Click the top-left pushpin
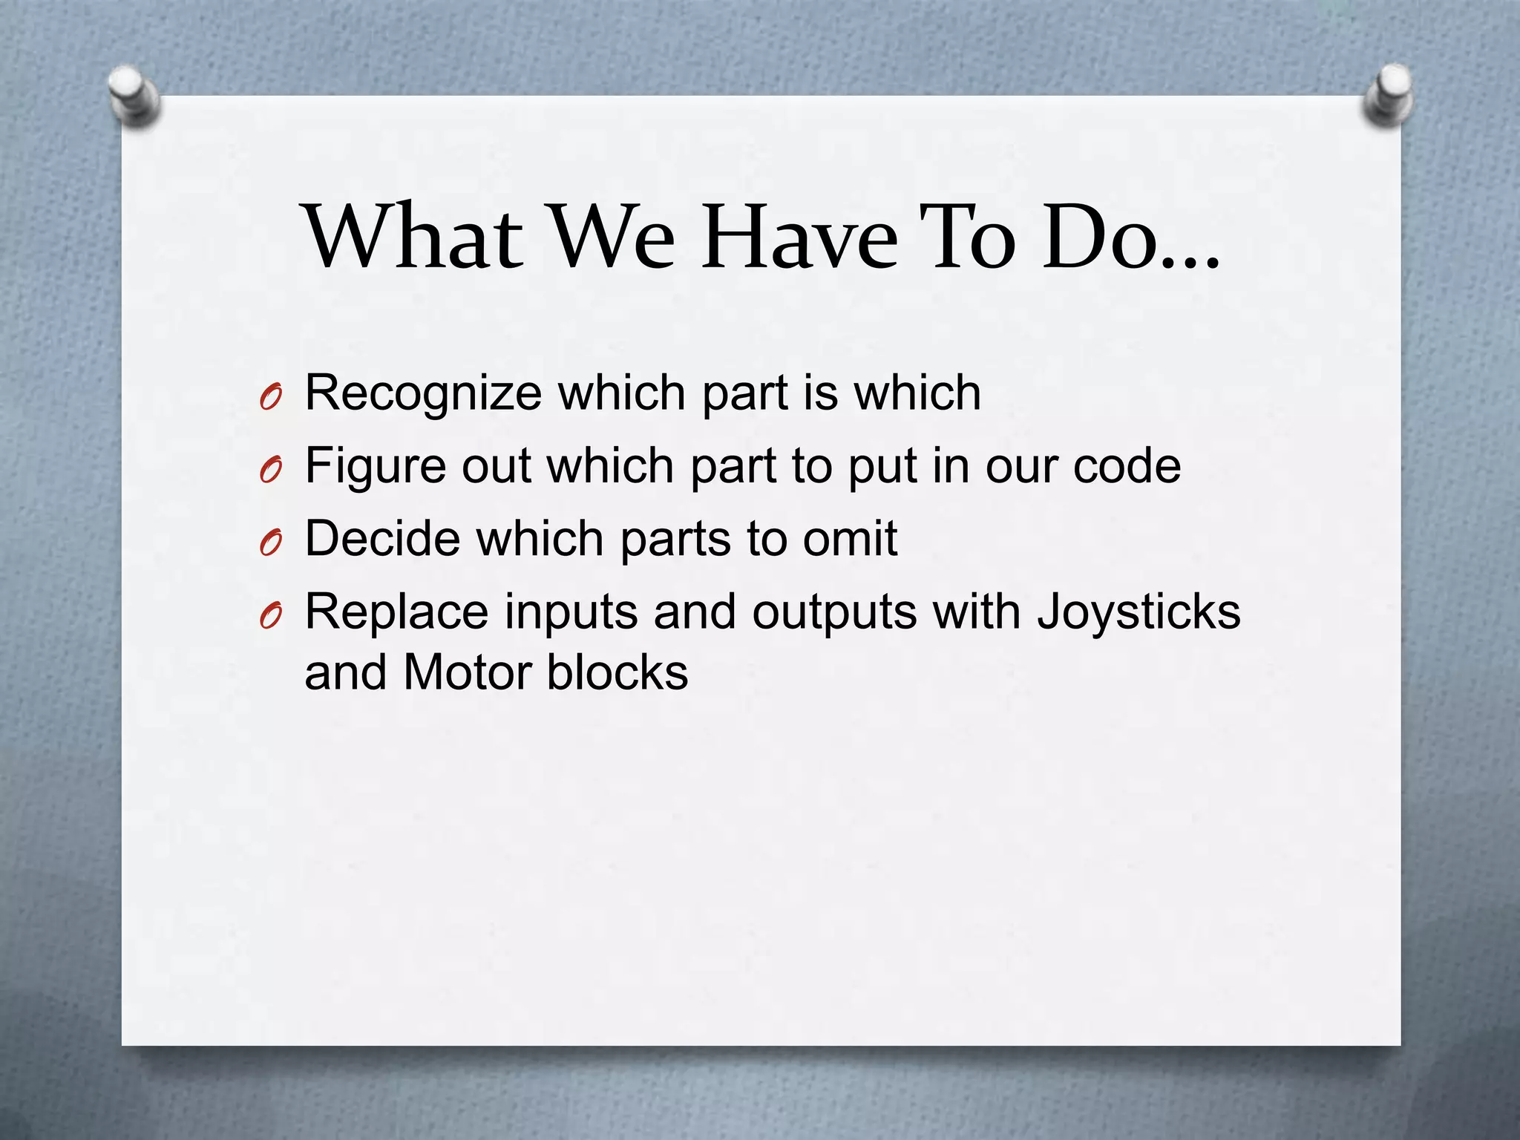[x=133, y=96]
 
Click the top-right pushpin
[x=1389, y=94]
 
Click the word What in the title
[x=413, y=236]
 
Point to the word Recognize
[x=423, y=393]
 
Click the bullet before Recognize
[x=271, y=399]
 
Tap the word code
[x=1127, y=465]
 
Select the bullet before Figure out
[x=271, y=472]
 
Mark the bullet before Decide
[x=271, y=545]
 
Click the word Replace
[x=396, y=612]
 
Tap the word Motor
[x=467, y=672]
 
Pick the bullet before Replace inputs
[x=271, y=617]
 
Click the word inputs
[x=571, y=613]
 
